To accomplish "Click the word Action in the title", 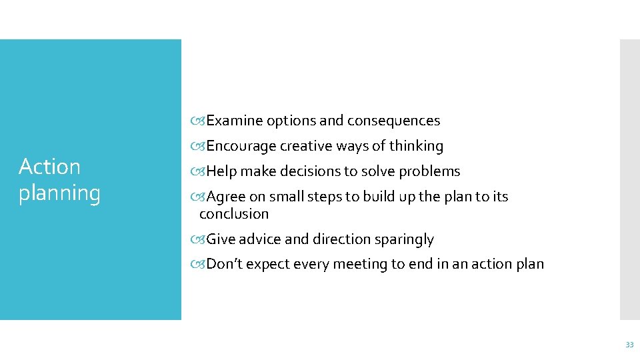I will pyautogui.click(x=49, y=167).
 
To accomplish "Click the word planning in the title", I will pyautogui.click(x=59, y=193).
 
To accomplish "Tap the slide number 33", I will pyautogui.click(x=629, y=345).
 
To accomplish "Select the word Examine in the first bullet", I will pyautogui.click(x=235, y=121).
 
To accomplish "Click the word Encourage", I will pyautogui.click(x=241, y=146).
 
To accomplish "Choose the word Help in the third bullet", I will pyautogui.click(x=222, y=171).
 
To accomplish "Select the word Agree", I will pyautogui.click(x=226, y=197).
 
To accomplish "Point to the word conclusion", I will pyautogui.click(x=234, y=214).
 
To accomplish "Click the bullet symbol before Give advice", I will pyautogui.click(x=200, y=239).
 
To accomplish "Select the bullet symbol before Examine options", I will pyautogui.click(x=200, y=121).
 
